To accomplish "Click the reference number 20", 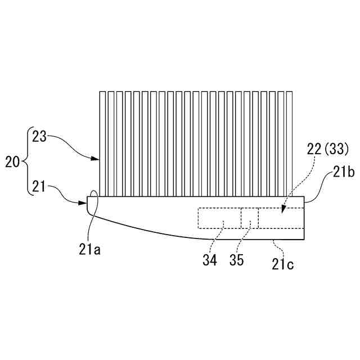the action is (x=12, y=163).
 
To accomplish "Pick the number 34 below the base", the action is (x=209, y=261).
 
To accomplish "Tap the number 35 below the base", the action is (x=236, y=261).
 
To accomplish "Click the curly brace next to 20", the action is (x=26, y=163).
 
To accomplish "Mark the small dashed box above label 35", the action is (x=250, y=218).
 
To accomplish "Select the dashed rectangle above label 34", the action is (x=219, y=218).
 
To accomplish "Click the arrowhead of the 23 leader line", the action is (x=96, y=159).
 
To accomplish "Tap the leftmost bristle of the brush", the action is (x=102, y=143).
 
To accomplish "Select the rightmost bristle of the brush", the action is (x=290, y=143).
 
